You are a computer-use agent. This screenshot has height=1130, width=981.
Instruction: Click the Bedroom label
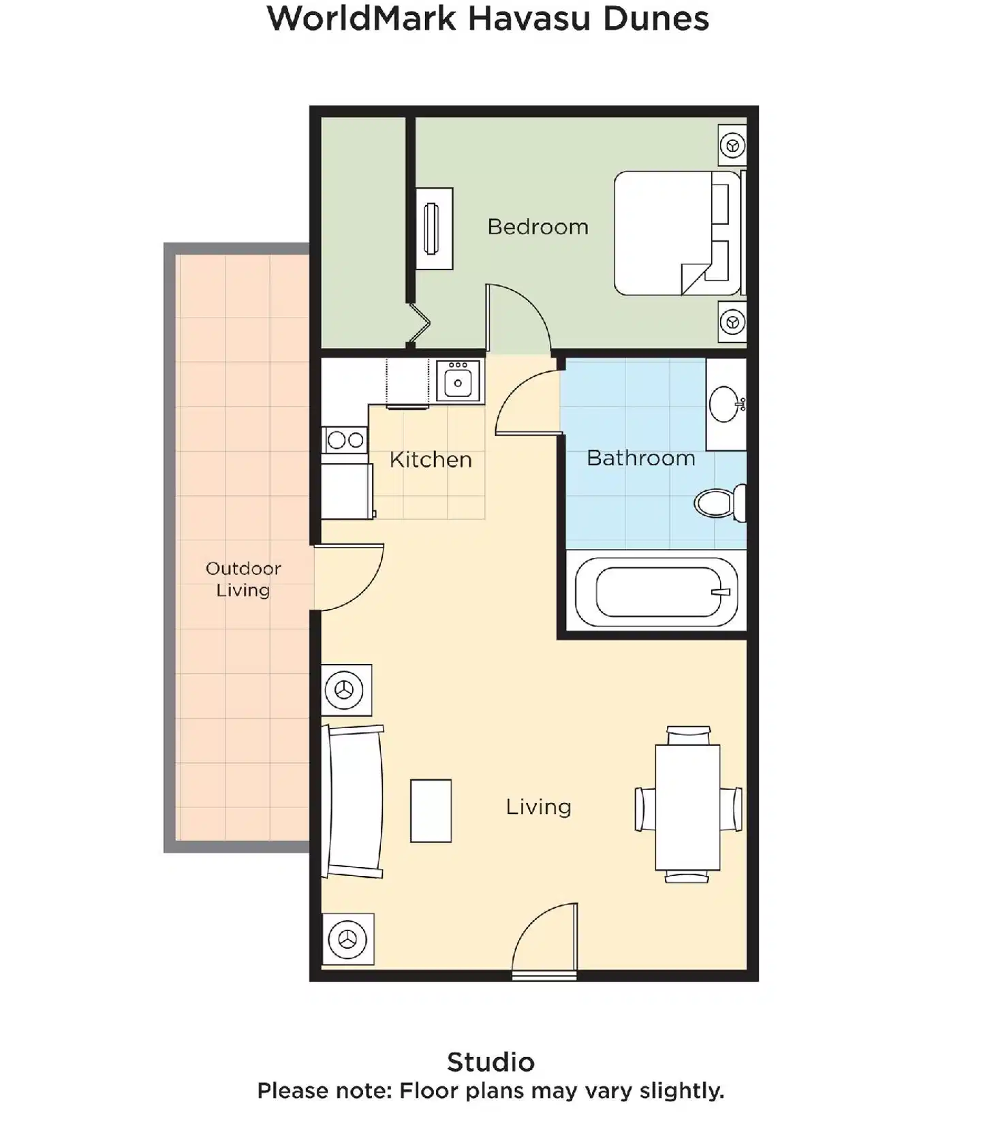point(538,227)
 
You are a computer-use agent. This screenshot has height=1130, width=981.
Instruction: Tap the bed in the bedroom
point(674,233)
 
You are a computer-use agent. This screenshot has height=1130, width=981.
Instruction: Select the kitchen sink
point(458,381)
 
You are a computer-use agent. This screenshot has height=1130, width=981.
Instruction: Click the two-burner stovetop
point(345,440)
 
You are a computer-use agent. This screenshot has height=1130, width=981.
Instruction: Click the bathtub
point(655,592)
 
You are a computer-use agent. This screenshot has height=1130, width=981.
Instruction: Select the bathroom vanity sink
point(725,404)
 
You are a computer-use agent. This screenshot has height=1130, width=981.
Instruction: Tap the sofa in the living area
point(354,802)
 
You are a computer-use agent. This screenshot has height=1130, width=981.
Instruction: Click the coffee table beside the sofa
point(431,811)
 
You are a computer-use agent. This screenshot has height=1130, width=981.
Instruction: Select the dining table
point(687,807)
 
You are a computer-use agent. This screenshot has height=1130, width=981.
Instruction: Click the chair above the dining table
point(689,736)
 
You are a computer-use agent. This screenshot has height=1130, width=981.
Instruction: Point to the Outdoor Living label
point(243,579)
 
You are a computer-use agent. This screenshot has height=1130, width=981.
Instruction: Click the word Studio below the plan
point(490,1062)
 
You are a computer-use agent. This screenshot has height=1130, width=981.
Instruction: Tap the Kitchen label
point(431,460)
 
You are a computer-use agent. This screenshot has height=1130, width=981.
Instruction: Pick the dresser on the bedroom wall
point(434,228)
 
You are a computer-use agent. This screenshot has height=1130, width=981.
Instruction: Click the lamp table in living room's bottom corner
point(347,939)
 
